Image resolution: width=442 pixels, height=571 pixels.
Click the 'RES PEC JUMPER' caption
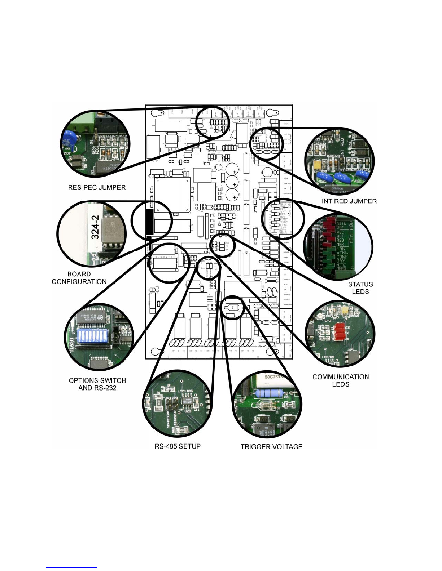(97, 187)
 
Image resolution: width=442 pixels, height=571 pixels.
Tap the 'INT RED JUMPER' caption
(349, 201)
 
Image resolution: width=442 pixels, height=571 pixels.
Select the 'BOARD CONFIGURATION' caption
(79, 278)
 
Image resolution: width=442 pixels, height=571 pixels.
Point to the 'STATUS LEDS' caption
(360, 288)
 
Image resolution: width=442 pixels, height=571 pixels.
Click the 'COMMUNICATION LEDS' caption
(341, 380)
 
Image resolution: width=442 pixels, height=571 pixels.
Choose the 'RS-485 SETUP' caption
(178, 446)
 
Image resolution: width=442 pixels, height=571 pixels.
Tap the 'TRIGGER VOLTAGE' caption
(271, 446)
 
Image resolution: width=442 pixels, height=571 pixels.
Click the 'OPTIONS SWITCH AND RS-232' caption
(97, 384)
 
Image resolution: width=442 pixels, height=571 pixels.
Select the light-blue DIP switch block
(92, 336)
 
